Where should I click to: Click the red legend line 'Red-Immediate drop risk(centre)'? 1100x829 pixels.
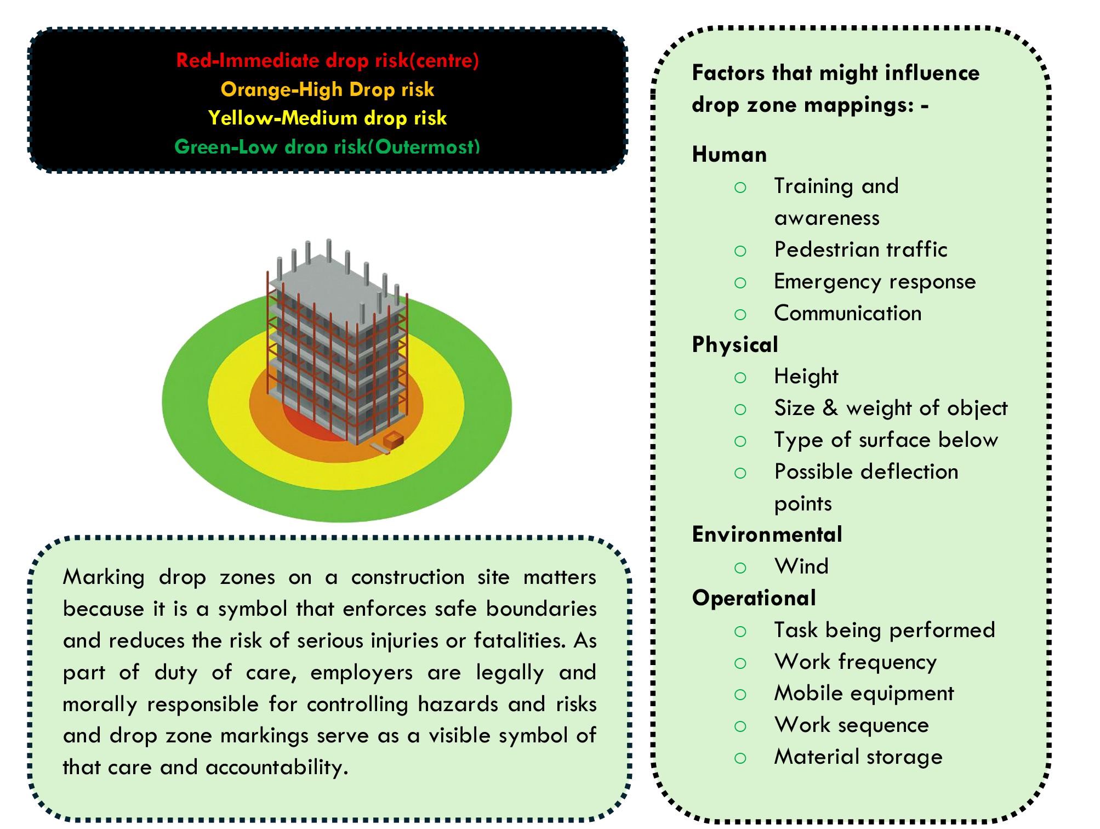[327, 60]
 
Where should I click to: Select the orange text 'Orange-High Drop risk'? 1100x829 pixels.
[327, 89]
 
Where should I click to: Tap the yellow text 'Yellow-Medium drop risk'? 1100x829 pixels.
[327, 118]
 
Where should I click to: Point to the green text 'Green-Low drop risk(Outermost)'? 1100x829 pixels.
[327, 146]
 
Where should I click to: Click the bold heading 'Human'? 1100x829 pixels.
[729, 155]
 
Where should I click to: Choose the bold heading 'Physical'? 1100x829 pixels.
[735, 345]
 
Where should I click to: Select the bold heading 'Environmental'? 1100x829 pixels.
[767, 535]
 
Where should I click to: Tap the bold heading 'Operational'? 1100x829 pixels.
[754, 598]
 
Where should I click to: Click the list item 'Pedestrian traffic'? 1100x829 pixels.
[860, 250]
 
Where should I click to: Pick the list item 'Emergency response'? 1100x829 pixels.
[875, 282]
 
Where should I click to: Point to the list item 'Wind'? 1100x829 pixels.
[801, 566]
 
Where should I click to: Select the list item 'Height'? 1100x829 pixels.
[806, 377]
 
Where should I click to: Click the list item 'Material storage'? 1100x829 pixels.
[858, 757]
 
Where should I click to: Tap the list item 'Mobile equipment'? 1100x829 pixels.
[864, 694]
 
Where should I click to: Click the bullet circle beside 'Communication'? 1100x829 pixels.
[740, 315]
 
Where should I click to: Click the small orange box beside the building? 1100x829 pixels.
[394, 440]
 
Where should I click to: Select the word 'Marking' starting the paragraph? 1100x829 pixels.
[104, 577]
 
